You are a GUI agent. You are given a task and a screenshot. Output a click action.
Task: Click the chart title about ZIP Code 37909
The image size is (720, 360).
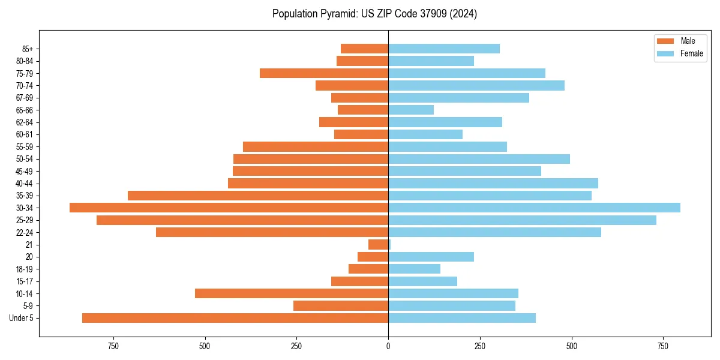(x=374, y=14)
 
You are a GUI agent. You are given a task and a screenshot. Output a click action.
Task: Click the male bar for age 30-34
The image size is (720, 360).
(x=229, y=208)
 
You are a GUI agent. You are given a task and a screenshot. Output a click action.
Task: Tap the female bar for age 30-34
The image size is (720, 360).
(x=534, y=208)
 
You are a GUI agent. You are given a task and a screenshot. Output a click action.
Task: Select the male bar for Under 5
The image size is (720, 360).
(x=235, y=318)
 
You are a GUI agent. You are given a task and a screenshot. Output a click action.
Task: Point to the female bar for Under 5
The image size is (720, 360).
(x=462, y=318)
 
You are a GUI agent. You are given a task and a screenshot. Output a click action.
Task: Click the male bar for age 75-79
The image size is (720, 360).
(x=324, y=73)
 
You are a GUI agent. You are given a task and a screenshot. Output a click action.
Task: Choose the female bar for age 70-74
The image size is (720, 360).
(x=476, y=85)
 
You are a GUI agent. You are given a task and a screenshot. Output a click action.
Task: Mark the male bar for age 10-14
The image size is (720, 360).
(x=292, y=293)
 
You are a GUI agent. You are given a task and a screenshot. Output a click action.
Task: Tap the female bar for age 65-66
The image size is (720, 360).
(x=411, y=110)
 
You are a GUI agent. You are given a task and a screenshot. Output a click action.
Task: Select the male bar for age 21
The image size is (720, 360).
(x=379, y=245)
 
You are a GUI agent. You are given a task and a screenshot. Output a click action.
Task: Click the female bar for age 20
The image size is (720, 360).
(x=431, y=257)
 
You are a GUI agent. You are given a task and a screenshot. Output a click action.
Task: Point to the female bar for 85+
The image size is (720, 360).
(x=444, y=49)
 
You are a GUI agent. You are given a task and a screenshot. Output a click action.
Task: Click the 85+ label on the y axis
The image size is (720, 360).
(x=26, y=49)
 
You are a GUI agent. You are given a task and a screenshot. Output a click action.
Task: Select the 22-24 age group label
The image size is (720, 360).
(x=24, y=233)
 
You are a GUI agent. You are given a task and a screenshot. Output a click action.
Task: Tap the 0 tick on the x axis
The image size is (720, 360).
(x=388, y=347)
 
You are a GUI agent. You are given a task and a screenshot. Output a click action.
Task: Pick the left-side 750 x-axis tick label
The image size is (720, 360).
(x=113, y=347)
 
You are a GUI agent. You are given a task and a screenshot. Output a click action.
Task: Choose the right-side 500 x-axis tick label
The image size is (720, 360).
(x=571, y=347)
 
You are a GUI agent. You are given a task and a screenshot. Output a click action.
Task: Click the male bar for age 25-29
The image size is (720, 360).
(x=242, y=220)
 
